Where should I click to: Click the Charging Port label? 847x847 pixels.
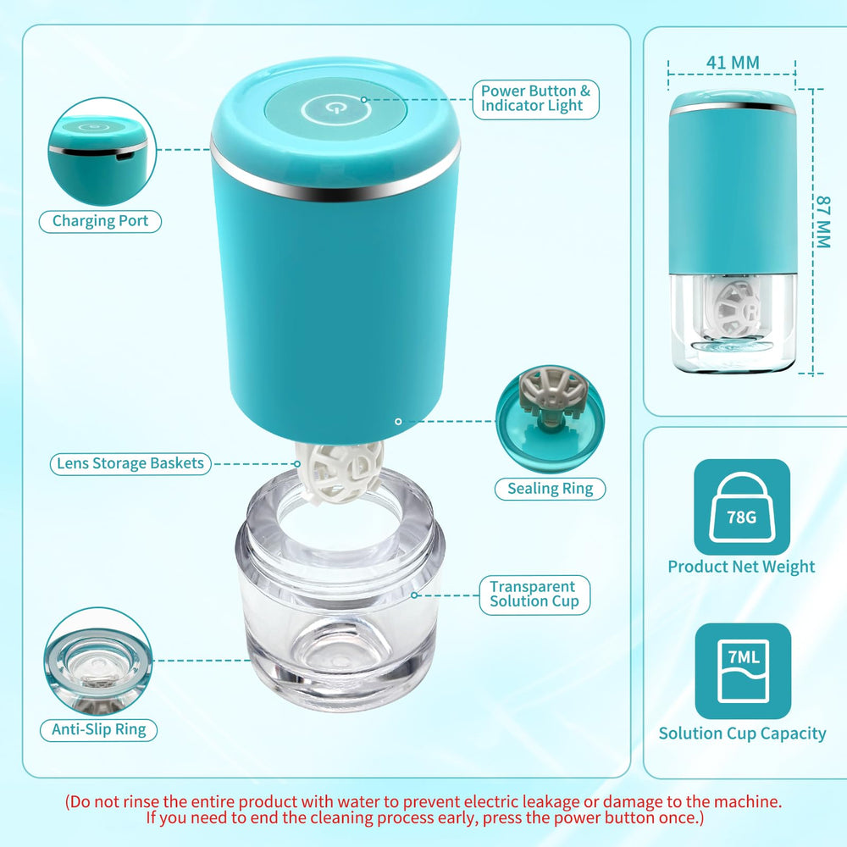100,221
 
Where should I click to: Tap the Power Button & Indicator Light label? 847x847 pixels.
535,98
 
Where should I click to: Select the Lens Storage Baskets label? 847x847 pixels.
130,463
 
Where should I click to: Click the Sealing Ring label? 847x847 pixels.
550,488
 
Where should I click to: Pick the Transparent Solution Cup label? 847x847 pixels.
534,594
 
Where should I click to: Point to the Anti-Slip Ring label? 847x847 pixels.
98,729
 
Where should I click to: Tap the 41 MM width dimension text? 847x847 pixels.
732,62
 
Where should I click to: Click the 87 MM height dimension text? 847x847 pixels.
822,222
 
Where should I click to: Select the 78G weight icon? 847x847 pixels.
742,507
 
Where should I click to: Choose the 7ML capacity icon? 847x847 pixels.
742,671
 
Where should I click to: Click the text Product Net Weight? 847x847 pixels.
741,567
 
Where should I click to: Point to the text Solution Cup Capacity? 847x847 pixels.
742,734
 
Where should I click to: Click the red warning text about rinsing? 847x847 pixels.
423,810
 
